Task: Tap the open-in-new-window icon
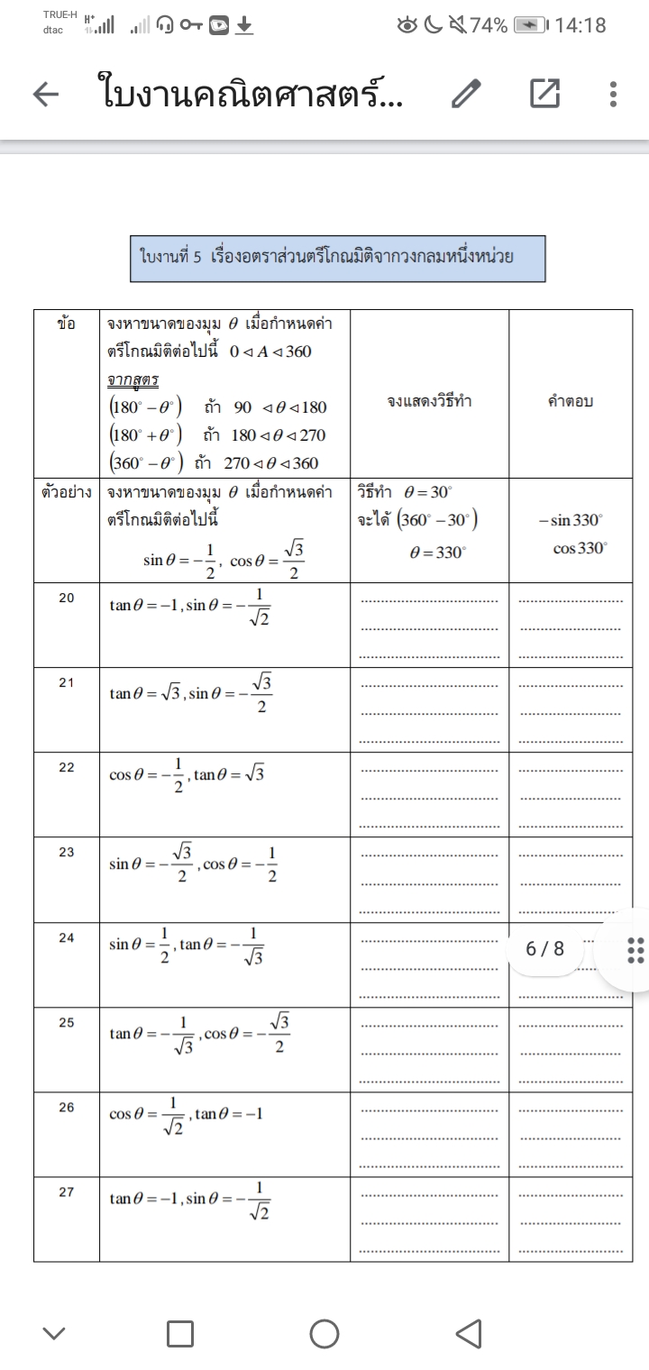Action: click(544, 94)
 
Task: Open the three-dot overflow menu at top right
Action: click(613, 94)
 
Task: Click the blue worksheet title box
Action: click(337, 259)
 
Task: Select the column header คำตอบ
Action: click(570, 402)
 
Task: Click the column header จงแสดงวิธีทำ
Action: click(428, 402)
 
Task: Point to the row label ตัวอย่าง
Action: click(67, 493)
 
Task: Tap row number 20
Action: click(67, 598)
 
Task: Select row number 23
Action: click(67, 852)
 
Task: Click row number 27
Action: click(67, 1192)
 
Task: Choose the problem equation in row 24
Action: click(187, 945)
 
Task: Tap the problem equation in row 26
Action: click(186, 1115)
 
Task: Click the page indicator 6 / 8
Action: click(544, 948)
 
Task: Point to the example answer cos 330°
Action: click(579, 549)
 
